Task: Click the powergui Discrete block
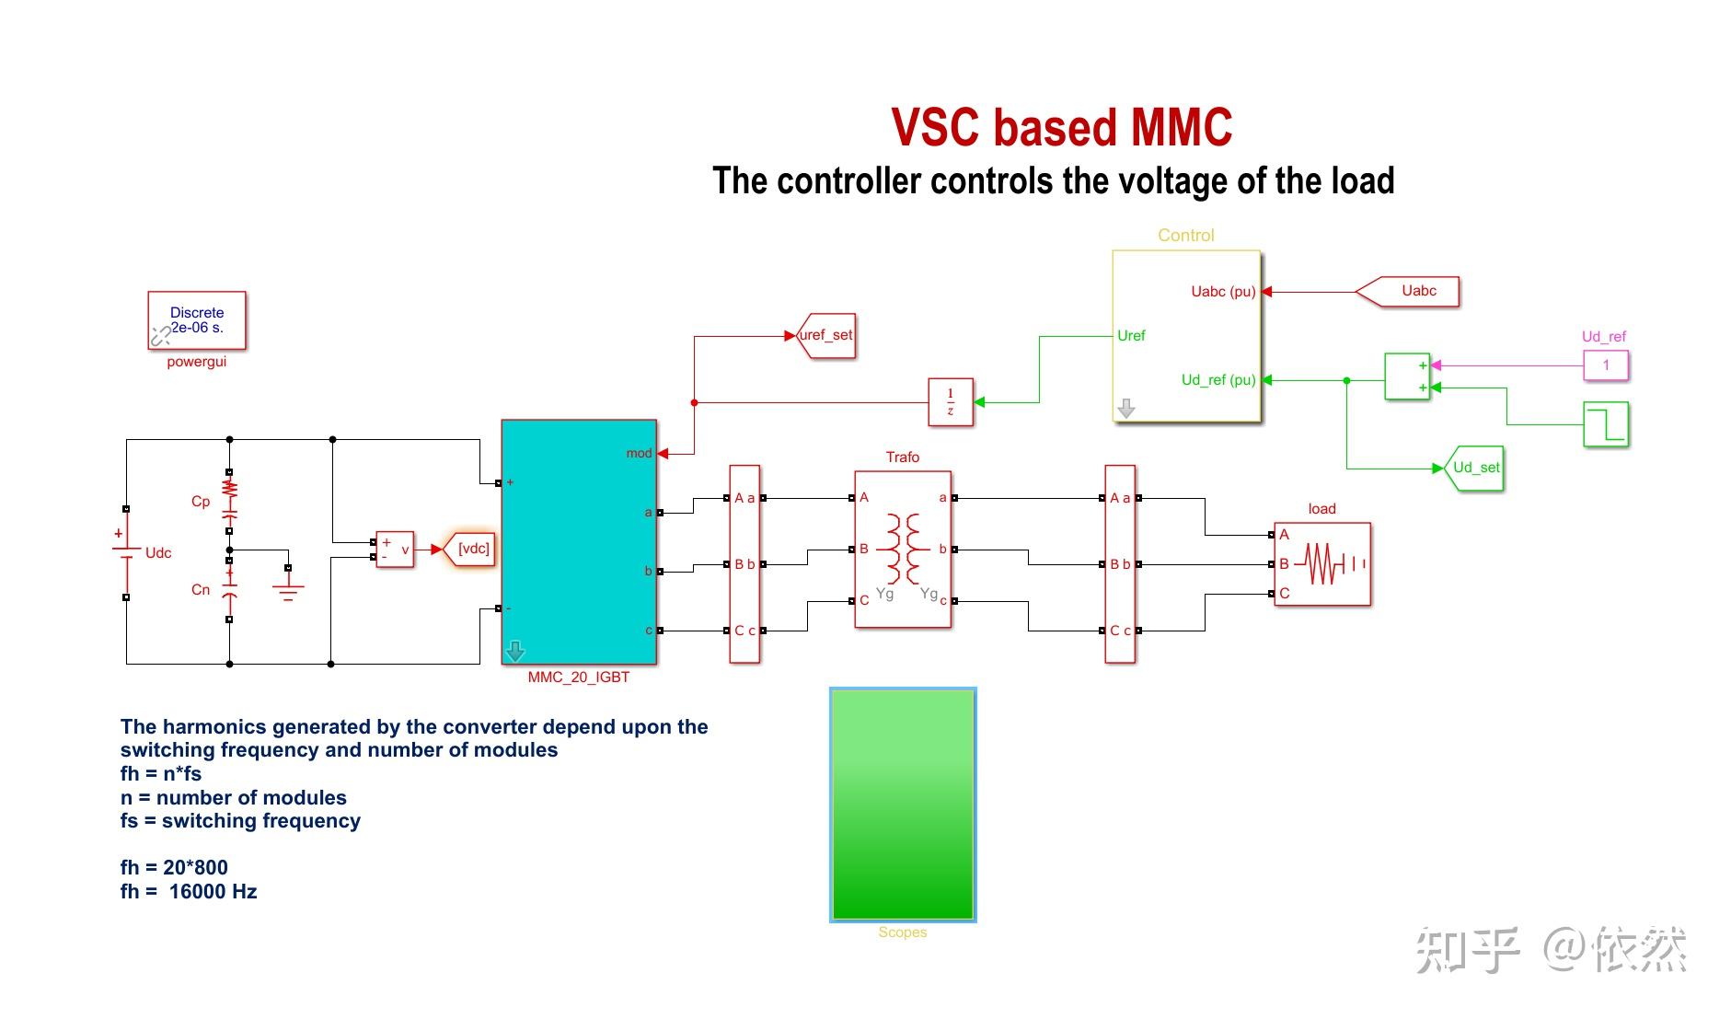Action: coord(197,320)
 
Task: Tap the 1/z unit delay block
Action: coord(950,402)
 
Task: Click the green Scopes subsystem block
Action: coord(902,804)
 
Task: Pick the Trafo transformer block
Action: coord(902,550)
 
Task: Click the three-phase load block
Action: coord(1321,563)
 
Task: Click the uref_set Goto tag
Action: coord(825,335)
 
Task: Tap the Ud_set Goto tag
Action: coord(1475,468)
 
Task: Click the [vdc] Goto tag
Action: coord(473,549)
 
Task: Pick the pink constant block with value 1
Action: coord(1605,365)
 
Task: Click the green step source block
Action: coord(1605,424)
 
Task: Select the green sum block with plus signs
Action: coord(1407,376)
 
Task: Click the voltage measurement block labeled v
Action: coord(395,550)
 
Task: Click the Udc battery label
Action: coord(158,552)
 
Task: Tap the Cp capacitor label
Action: coord(201,502)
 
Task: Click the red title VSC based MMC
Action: coord(1061,127)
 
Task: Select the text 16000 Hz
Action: coord(213,891)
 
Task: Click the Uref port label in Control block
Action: coord(1131,335)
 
